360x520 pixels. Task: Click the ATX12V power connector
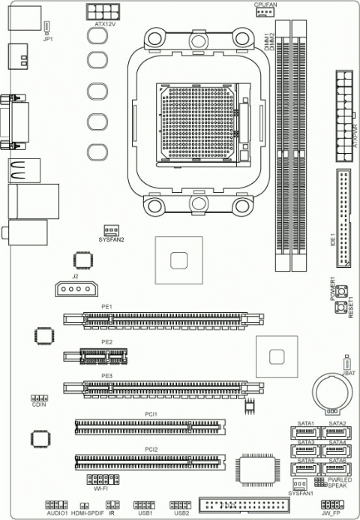[104, 12]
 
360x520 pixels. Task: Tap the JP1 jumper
[47, 28]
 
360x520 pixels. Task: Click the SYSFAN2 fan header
[111, 230]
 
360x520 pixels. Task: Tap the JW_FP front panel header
[331, 506]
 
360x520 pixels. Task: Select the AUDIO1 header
[57, 505]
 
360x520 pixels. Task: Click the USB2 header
[181, 505]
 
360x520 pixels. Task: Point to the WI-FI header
[102, 479]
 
